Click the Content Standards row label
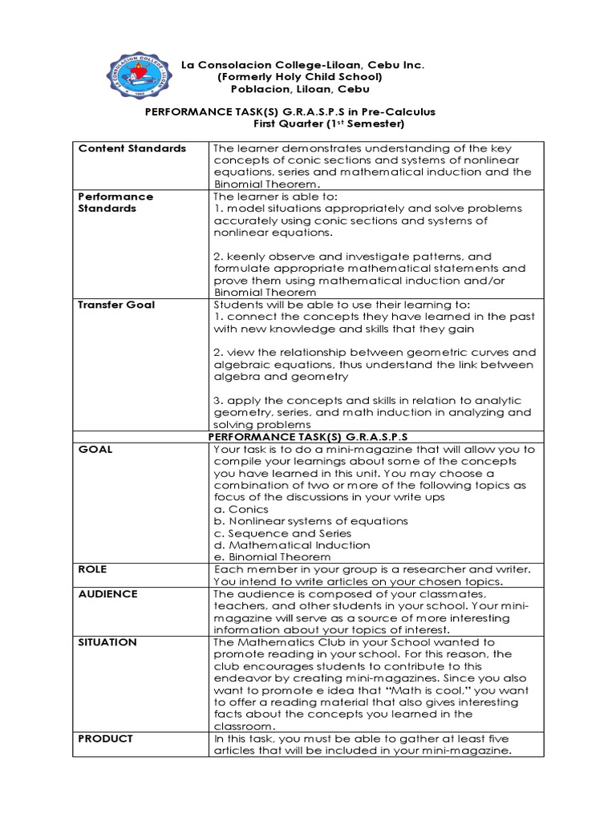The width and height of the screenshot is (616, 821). pos(132,148)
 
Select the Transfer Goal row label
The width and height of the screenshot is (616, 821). pos(116,305)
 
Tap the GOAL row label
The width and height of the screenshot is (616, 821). pos(95,450)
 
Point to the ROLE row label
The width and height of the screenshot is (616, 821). pos(94,569)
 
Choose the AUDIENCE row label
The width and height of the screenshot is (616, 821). pos(108,594)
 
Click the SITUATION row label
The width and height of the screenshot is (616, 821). pos(107,642)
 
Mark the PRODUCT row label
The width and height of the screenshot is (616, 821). pos(105,738)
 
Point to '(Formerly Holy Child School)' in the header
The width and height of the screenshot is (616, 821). pos(298,76)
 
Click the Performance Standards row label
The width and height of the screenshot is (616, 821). pos(115,202)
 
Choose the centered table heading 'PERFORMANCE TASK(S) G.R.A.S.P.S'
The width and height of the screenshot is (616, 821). pos(309,437)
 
